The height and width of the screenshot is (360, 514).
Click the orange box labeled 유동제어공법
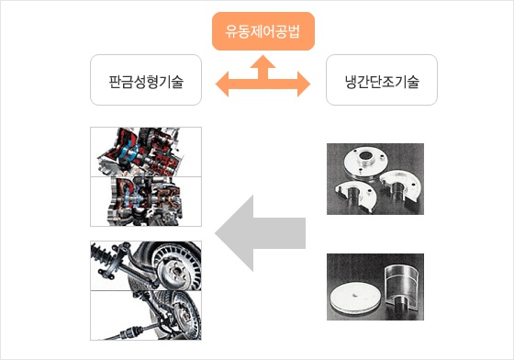(263, 31)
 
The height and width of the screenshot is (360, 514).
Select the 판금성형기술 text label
(146, 82)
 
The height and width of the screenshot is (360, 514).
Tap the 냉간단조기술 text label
(382, 82)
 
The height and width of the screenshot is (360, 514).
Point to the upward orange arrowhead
(263, 62)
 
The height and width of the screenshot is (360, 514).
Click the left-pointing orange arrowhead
(222, 84)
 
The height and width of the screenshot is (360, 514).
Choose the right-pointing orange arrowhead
(304, 84)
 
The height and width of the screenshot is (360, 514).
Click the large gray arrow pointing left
(260, 233)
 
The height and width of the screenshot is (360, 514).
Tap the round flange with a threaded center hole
(366, 163)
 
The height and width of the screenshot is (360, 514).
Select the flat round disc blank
(355, 298)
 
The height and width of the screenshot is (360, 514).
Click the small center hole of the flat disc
(354, 295)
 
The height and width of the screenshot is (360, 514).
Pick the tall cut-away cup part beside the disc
(402, 288)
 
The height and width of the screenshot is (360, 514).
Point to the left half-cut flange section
(355, 195)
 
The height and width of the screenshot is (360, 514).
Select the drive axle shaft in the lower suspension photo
(138, 332)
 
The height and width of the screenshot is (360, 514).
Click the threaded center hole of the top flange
(366, 155)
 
